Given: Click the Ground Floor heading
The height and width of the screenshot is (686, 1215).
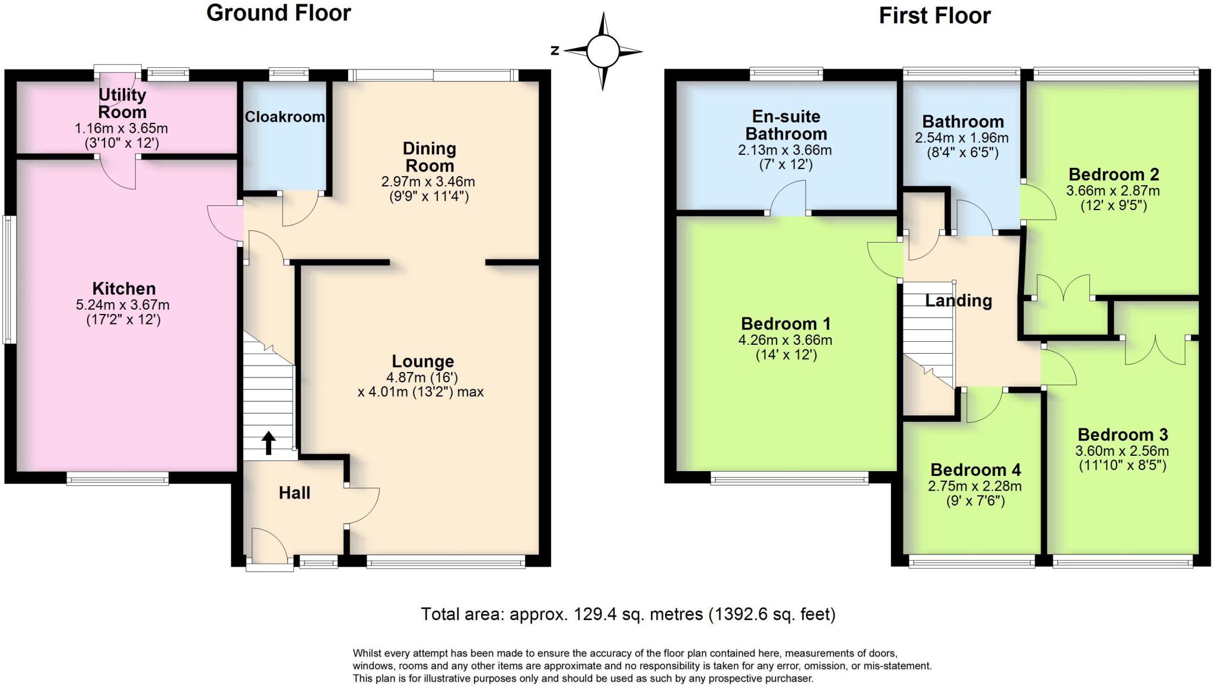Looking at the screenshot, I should [278, 13].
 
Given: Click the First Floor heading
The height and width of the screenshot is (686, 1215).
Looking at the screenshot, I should [934, 16].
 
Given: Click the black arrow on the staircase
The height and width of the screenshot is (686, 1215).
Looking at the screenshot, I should [269, 443].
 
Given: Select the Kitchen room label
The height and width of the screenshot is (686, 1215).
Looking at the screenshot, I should [124, 289].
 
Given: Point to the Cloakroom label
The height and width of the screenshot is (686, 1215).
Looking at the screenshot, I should [285, 117].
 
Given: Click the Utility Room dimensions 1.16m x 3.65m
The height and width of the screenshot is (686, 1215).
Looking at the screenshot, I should [121, 128].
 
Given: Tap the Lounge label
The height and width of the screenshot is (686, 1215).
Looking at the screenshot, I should [422, 361].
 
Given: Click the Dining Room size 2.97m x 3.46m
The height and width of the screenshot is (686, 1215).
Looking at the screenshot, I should [428, 182].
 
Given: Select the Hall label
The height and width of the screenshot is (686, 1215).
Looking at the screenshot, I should [294, 493].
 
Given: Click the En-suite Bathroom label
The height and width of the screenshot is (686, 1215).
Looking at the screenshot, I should [785, 125].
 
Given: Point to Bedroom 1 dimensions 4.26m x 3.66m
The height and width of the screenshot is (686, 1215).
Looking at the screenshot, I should [785, 341].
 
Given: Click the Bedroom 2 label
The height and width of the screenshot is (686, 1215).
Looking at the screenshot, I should [1114, 174].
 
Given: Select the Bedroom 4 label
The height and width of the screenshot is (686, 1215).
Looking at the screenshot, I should [975, 470].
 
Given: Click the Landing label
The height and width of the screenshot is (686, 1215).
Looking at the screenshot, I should [958, 301].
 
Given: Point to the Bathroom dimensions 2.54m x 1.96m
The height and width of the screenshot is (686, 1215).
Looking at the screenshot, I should [962, 138].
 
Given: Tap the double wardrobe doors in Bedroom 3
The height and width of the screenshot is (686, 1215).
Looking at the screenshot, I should [1156, 351].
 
